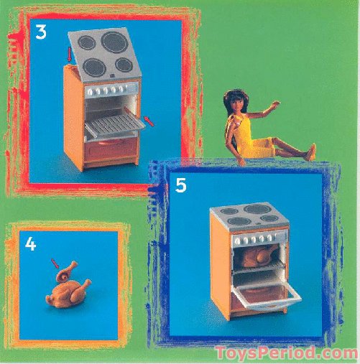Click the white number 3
pyautogui.click(x=41, y=32)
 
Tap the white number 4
pyautogui.click(x=31, y=244)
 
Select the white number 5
pyautogui.click(x=180, y=185)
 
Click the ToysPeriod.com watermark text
pyautogui.click(x=286, y=353)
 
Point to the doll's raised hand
pyautogui.click(x=275, y=103)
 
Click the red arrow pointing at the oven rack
pyautogui.click(x=149, y=121)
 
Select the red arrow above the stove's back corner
pyautogui.click(x=70, y=54)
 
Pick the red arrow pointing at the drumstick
pyautogui.click(x=55, y=263)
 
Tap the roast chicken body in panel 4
pyautogui.click(x=68, y=293)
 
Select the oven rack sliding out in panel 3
pyautogui.click(x=115, y=126)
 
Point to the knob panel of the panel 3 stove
pyautogui.click(x=111, y=90)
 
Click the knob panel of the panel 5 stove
pyautogui.click(x=259, y=238)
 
